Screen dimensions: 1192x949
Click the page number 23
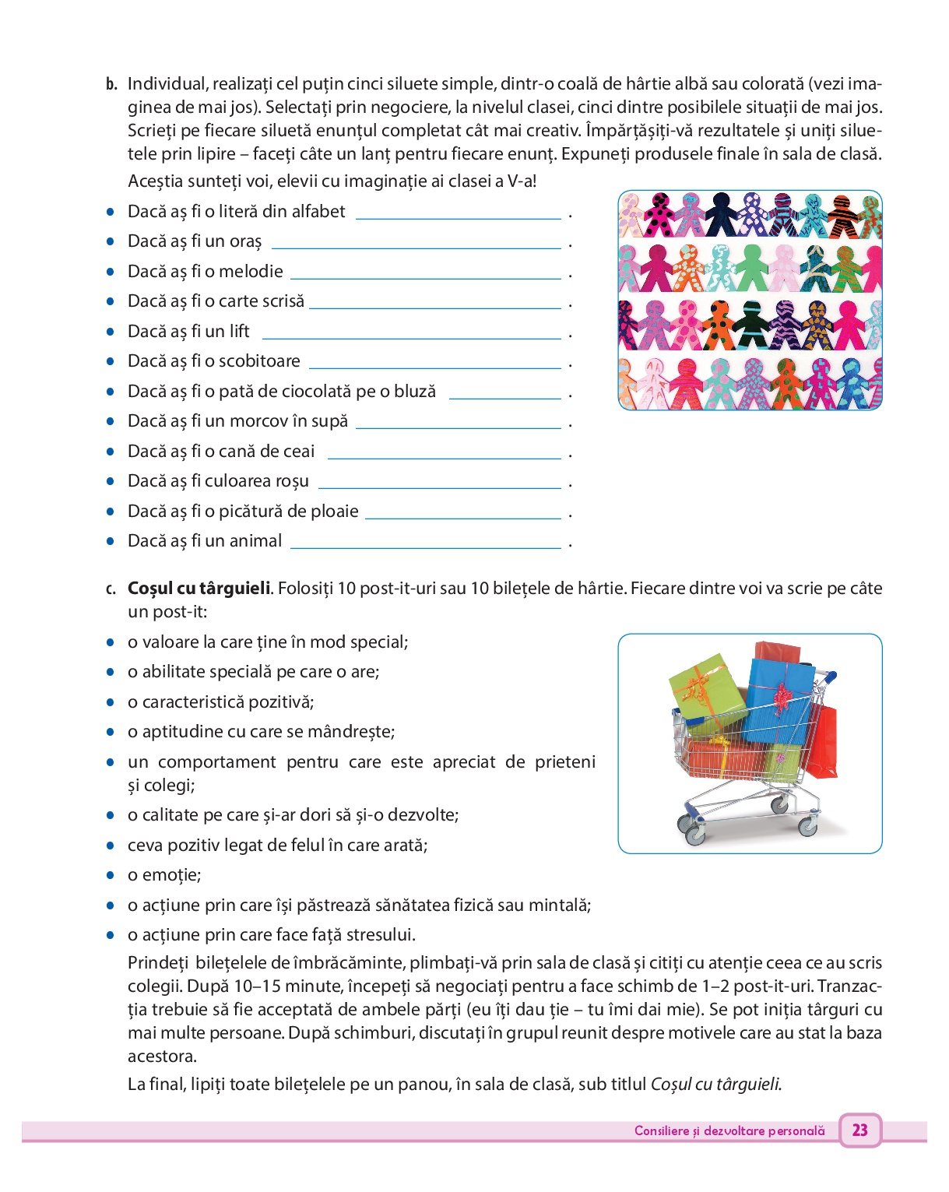(x=859, y=1130)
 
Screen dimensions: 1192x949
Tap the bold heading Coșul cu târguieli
(x=199, y=589)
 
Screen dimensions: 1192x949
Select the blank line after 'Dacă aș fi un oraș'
(x=416, y=248)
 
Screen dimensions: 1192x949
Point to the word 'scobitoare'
(x=259, y=361)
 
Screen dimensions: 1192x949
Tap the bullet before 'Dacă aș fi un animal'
(x=111, y=541)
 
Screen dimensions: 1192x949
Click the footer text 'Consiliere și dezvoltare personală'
(x=729, y=1130)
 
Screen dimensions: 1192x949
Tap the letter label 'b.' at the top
(x=111, y=84)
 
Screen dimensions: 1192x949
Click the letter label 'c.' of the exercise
(x=111, y=589)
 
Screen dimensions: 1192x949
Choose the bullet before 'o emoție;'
(x=111, y=875)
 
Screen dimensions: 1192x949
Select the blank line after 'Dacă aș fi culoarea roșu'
(x=440, y=487)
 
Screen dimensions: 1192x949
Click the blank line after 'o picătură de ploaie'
(x=462, y=518)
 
